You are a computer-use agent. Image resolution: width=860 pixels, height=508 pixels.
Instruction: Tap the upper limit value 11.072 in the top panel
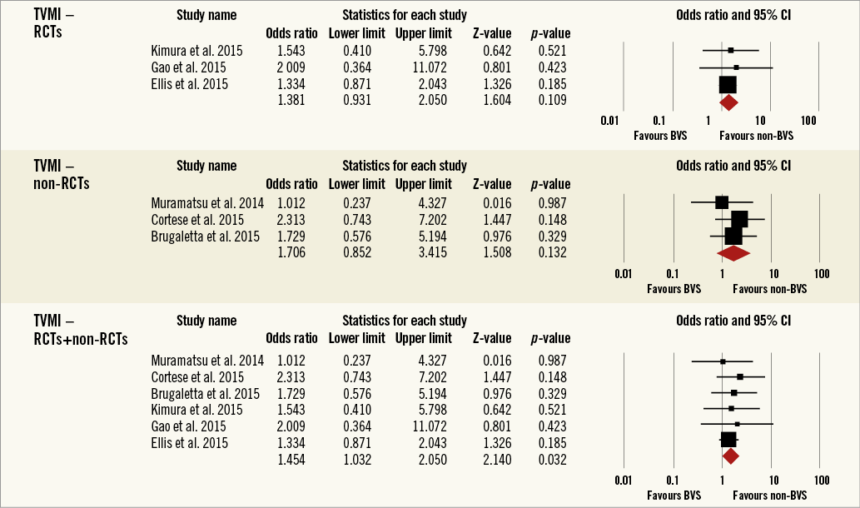(x=424, y=67)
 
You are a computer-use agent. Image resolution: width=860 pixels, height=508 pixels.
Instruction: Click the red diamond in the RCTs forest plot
(x=728, y=102)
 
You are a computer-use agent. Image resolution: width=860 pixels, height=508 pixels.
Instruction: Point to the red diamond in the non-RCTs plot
(x=733, y=252)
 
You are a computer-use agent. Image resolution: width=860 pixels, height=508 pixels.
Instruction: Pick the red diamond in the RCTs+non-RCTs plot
(x=731, y=456)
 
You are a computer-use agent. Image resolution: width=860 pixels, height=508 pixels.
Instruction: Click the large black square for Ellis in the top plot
(x=728, y=84)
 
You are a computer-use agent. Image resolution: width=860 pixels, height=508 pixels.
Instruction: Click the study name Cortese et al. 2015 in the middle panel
(x=196, y=219)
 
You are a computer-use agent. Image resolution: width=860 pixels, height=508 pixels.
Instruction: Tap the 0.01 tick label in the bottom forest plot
(x=622, y=481)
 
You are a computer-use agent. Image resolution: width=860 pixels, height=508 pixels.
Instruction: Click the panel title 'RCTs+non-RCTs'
(x=81, y=338)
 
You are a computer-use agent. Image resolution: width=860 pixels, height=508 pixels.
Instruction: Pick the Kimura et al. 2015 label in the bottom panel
(x=196, y=410)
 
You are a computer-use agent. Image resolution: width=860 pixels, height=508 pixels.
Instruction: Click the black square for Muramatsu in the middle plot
(x=722, y=202)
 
